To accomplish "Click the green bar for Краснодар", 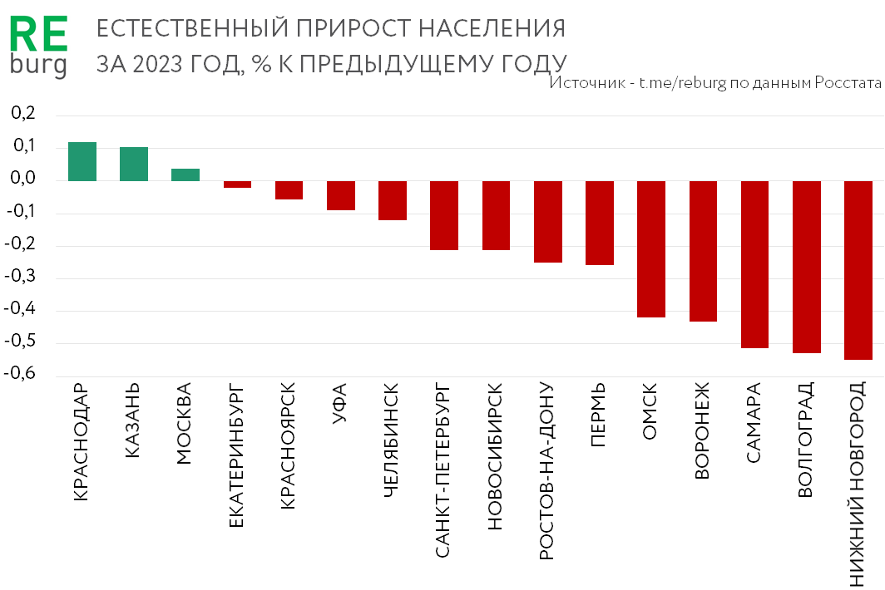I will [x=82, y=161].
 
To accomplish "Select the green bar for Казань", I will [x=134, y=164].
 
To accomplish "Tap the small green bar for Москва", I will [x=185, y=175].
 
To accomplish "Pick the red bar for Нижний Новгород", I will [x=858, y=270].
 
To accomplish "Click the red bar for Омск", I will [x=651, y=249].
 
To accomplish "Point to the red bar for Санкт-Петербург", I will [x=444, y=215].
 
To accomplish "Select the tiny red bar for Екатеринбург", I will [x=238, y=184].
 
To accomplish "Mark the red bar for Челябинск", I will [x=393, y=200].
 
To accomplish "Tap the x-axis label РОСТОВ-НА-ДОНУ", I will [x=546, y=471].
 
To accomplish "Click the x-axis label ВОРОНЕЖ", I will [x=702, y=430].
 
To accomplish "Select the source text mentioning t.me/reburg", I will [x=715, y=84].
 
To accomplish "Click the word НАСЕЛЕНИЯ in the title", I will [x=491, y=29].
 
